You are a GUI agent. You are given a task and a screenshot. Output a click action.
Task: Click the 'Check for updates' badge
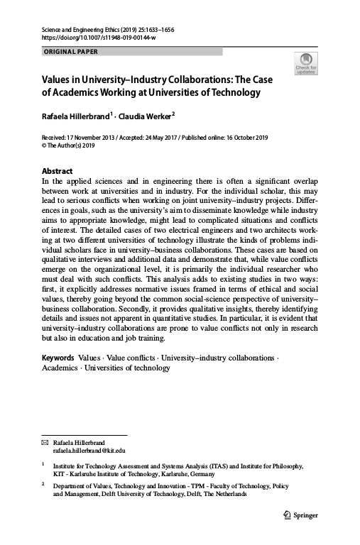306,63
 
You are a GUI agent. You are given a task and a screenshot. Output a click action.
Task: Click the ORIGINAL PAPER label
70,52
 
